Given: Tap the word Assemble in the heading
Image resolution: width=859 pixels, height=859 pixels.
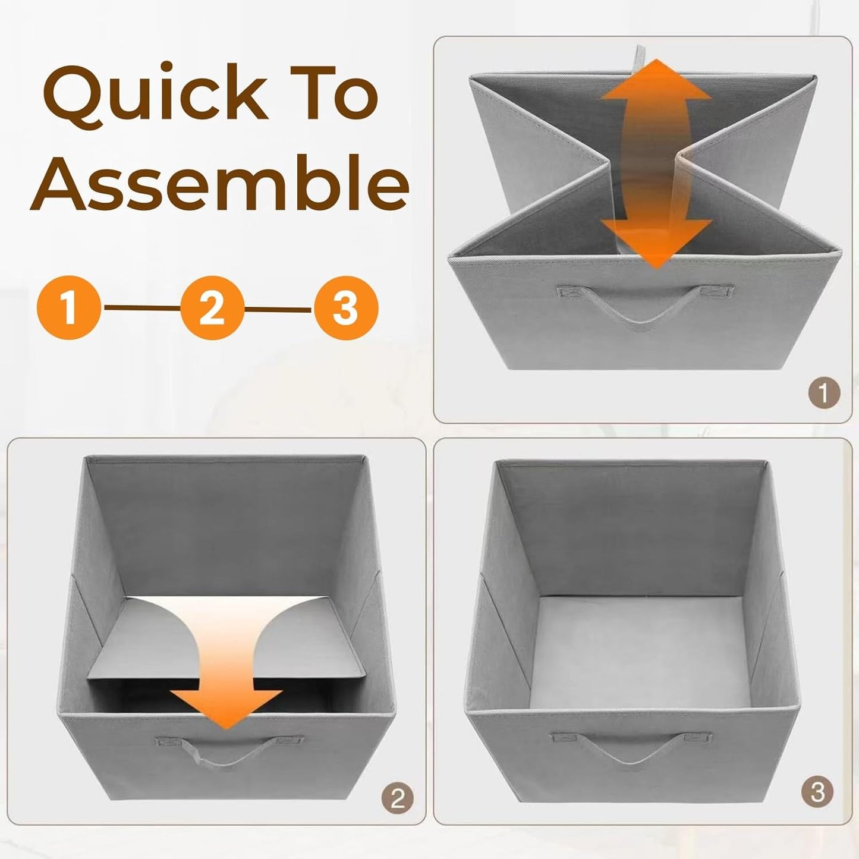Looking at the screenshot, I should pos(220,181).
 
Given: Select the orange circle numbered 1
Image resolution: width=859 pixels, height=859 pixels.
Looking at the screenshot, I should pos(69,308).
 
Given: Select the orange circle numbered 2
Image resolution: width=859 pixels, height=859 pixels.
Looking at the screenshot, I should pos(212,308).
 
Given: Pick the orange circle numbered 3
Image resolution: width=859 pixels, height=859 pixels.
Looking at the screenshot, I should pos(346,308).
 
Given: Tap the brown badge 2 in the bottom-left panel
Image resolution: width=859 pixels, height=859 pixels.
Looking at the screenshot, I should pos(397,798).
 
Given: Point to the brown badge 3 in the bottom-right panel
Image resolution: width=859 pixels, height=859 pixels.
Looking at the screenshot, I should pos(817,792).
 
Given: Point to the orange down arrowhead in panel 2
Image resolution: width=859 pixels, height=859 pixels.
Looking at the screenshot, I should pos(226,707).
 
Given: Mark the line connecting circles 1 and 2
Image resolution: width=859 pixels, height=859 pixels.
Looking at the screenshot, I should pos(141,308).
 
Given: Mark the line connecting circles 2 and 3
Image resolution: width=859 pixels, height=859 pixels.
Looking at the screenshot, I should pos(279,309).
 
